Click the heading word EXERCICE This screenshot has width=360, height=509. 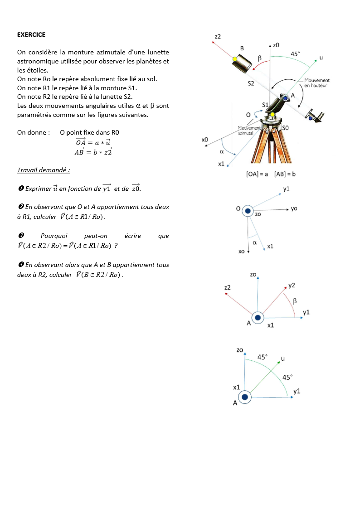point(31,34)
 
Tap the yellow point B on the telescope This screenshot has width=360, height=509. point(235,59)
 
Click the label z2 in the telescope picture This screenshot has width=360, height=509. point(218,36)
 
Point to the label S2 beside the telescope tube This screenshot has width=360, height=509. point(251,83)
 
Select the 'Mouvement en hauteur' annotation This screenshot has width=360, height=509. point(316,83)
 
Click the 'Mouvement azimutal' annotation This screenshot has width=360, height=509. point(249,131)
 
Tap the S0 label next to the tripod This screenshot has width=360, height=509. point(286,128)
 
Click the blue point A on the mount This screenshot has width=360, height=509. point(285,98)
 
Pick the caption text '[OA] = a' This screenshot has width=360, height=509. point(257,174)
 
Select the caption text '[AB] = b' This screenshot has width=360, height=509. point(285,174)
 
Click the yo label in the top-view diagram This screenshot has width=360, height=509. point(294,208)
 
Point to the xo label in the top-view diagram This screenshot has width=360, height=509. point(241,251)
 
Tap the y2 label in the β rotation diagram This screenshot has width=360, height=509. point(292,286)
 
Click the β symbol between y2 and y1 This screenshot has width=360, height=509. point(295,301)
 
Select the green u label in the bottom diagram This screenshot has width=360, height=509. point(283,359)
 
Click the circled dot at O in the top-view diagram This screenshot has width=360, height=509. point(248,211)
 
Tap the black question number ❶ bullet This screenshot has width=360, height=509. point(20,189)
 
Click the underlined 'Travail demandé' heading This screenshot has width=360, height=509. point(44,170)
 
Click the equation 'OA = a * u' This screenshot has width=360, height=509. point(93,142)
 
